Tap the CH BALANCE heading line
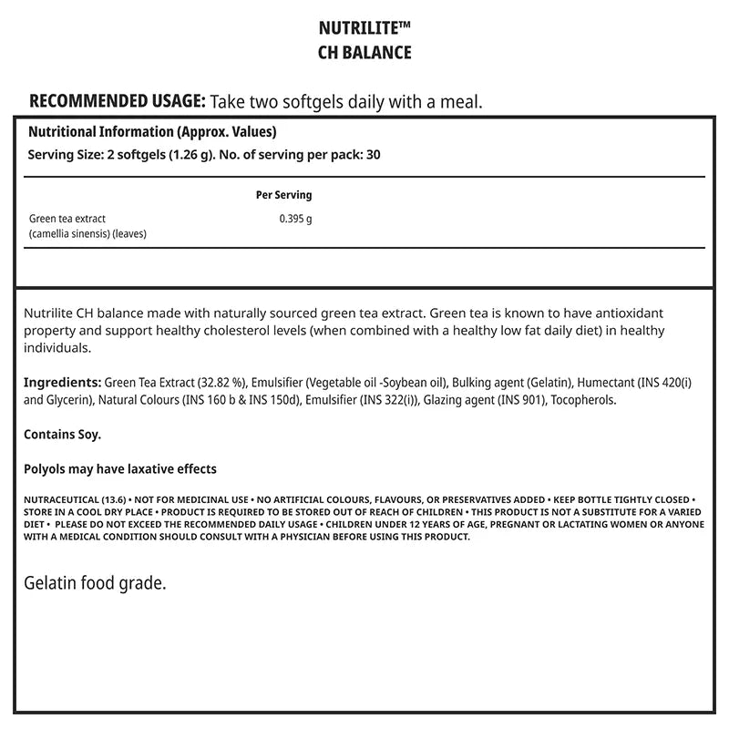364,52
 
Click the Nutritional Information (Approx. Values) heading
152,131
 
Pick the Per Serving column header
284,195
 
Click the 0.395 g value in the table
295,219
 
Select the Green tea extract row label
67,219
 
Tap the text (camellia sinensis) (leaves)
87,233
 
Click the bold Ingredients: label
62,382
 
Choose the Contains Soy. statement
62,435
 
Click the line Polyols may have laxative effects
119,469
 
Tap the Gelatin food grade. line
95,582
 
